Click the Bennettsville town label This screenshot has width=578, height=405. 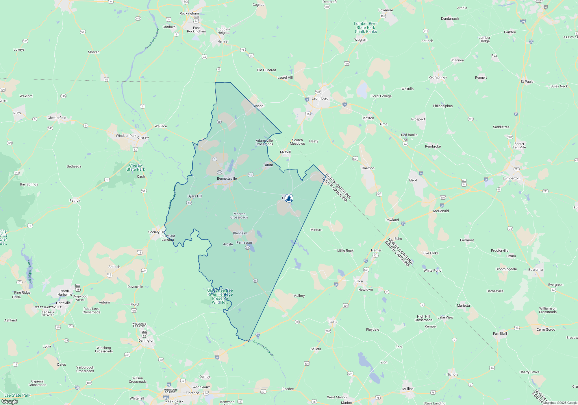coord(227,178)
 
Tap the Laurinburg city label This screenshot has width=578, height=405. coord(320,98)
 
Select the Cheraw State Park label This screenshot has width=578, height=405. coord(136,167)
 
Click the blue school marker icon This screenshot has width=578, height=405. coord(289,198)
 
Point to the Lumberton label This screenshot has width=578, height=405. coord(511,178)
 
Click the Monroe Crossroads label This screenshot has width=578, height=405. coord(239,216)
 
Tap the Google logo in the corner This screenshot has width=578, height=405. coord(10,401)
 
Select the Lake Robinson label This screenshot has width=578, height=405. coord(29,272)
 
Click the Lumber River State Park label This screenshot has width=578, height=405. coord(366,27)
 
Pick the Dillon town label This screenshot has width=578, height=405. coord(358,281)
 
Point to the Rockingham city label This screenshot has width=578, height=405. coord(189,13)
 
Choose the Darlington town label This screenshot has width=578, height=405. coord(146,340)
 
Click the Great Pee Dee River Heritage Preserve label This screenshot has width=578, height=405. coord(220,296)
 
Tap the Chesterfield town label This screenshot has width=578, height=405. coord(57,118)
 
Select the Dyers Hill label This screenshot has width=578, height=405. coord(195,196)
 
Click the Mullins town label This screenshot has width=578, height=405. coord(408,389)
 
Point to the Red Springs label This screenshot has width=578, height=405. coord(438,77)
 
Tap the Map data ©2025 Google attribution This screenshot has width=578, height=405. coord(560,403)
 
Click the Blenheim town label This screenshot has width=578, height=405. coord(240,233)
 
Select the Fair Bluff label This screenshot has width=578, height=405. coord(500,334)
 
